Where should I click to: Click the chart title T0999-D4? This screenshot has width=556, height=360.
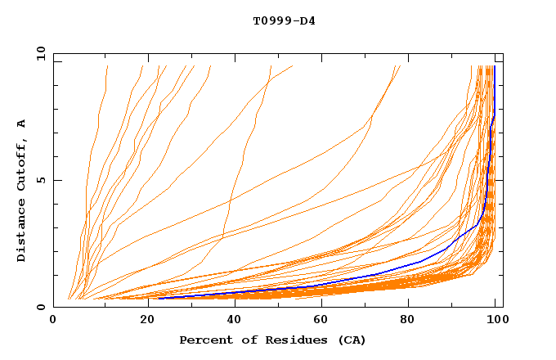coord(284,20)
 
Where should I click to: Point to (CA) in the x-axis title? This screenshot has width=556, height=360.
coord(350,340)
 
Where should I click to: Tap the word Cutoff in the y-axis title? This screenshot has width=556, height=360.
coord(22,163)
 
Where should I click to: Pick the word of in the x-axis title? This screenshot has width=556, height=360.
coord(243,340)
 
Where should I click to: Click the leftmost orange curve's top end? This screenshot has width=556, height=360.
coord(107,66)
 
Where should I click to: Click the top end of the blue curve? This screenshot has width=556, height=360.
coord(494,67)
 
